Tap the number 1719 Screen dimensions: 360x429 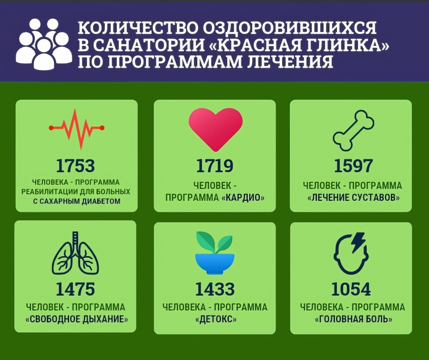(214, 165)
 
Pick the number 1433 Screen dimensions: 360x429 (214, 289)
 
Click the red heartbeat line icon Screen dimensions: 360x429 (76, 127)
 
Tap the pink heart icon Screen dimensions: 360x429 (215, 127)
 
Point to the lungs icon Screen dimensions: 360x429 (75, 255)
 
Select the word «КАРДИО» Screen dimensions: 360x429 (243, 197)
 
